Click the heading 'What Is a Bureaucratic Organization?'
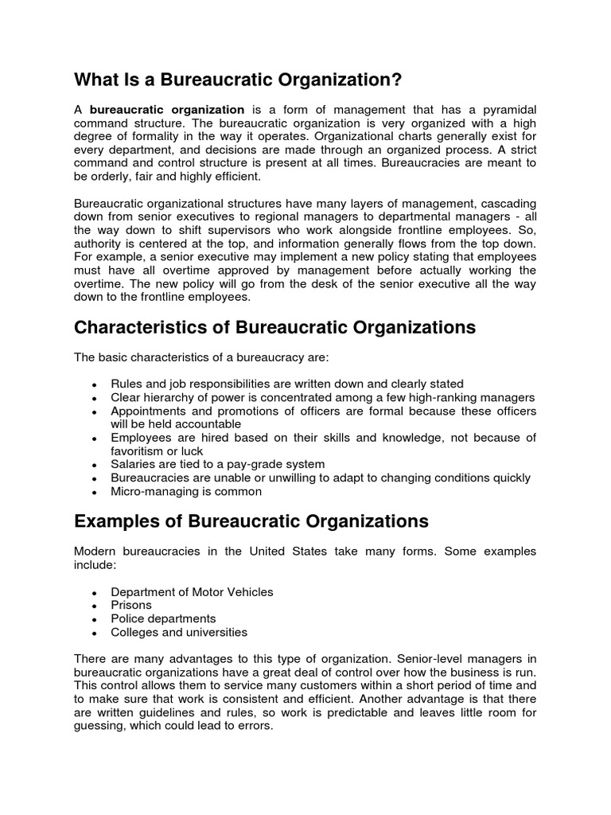(x=238, y=80)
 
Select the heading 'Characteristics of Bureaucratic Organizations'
(x=274, y=327)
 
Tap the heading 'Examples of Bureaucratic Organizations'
(x=251, y=521)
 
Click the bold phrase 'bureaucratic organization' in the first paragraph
(x=167, y=110)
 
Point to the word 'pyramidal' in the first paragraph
(x=507, y=110)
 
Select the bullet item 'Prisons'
(x=131, y=605)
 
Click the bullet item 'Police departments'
(x=163, y=618)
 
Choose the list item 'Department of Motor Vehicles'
(x=192, y=591)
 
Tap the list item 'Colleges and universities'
(x=179, y=632)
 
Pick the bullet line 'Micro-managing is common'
(x=186, y=491)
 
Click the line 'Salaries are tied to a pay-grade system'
(x=218, y=464)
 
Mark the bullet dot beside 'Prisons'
(x=95, y=606)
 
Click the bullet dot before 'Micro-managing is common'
(x=95, y=493)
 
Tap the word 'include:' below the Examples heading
(x=95, y=564)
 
